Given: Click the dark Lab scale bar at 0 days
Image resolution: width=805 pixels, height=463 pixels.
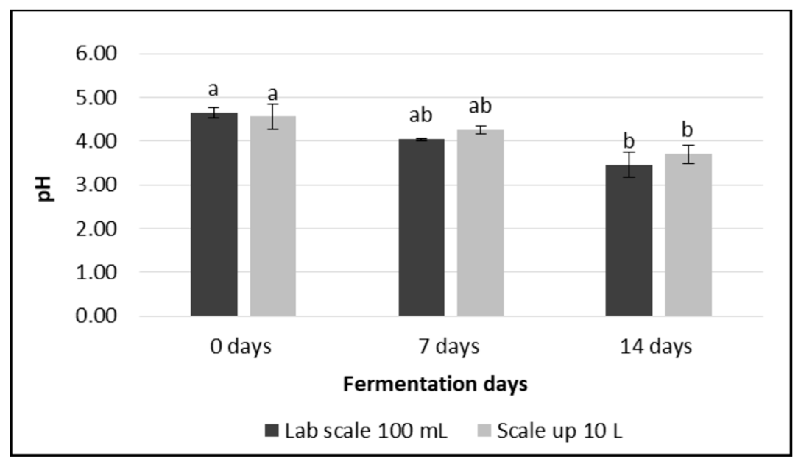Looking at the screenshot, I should click(214, 215).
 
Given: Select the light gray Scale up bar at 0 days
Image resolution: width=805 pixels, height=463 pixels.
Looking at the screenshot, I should click(273, 217).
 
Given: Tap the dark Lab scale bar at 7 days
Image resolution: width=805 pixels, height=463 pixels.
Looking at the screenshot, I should click(421, 228).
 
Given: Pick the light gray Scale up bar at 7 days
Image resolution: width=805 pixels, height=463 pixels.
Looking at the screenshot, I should click(480, 224).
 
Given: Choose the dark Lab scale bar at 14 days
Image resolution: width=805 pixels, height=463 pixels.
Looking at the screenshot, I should click(629, 241).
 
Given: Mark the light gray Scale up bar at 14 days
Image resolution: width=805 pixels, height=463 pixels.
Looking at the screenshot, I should click(688, 235).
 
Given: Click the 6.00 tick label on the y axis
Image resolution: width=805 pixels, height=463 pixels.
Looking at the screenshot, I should click(96, 54).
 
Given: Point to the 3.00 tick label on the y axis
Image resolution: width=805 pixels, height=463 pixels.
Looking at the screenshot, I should click(96, 185).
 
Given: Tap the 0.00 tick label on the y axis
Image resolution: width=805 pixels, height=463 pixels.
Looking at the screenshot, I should click(96, 316).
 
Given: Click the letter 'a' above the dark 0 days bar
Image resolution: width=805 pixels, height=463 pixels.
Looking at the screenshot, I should click(213, 89).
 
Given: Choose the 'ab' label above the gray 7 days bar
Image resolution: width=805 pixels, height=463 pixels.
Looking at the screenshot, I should click(480, 106).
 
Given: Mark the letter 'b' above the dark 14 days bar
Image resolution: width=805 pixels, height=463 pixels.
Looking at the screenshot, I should click(629, 141).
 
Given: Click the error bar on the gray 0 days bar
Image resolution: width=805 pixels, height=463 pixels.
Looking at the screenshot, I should click(273, 117).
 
